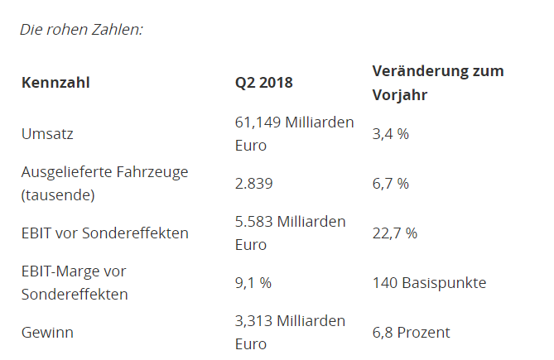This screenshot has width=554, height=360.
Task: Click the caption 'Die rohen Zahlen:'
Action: coord(81,29)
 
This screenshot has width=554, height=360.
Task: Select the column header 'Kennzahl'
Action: coord(55,83)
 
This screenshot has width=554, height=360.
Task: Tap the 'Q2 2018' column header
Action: coord(264,83)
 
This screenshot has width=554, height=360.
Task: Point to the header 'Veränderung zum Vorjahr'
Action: coord(437,83)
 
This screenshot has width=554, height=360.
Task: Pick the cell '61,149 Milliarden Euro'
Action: coord(294,133)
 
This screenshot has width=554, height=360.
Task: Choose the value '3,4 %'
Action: coord(391,133)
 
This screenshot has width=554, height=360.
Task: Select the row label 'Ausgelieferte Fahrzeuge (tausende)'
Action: coord(104,183)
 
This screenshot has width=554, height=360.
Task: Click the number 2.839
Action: coord(254,183)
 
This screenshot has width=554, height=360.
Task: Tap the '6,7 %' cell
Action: coord(391,183)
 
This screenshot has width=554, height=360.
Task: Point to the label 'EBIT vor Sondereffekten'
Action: coord(104,233)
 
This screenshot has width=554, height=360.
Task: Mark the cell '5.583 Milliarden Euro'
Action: coord(290,233)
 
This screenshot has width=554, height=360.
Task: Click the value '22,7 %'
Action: coord(395,233)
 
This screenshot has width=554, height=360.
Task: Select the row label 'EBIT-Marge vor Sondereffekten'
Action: coord(75,282)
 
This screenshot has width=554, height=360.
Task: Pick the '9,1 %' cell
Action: coord(253,283)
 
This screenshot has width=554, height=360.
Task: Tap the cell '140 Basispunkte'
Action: coord(429,283)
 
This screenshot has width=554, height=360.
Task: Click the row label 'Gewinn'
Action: coord(47,333)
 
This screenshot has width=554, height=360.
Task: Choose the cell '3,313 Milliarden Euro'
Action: coord(290,333)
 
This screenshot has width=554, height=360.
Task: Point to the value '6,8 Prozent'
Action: coord(412,333)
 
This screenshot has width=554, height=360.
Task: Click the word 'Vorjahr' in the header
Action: coord(400,95)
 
